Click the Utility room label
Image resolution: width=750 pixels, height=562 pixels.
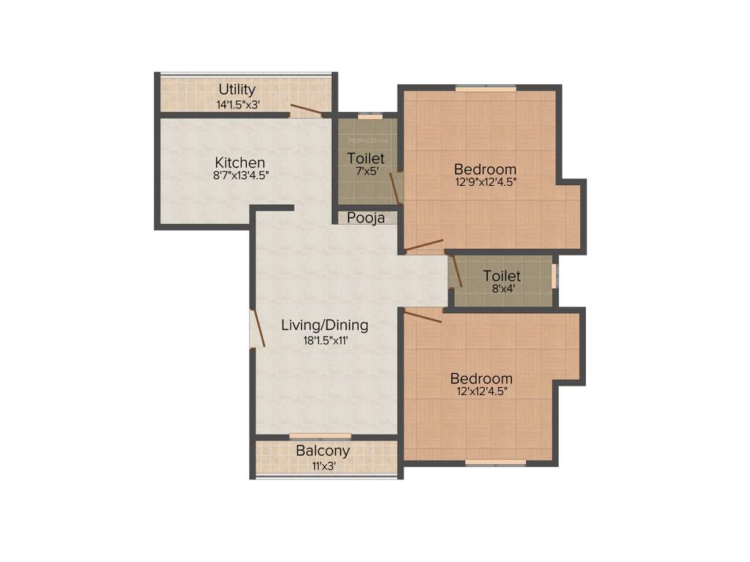click(237, 89)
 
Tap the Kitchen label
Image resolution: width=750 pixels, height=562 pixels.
click(240, 162)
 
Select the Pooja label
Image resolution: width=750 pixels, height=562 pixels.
click(365, 217)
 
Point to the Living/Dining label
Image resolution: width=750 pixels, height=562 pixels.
click(324, 325)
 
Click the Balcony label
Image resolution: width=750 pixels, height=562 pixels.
click(322, 451)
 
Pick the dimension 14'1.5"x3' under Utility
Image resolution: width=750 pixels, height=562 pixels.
click(237, 104)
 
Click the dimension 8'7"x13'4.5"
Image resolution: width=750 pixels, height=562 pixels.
click(240, 176)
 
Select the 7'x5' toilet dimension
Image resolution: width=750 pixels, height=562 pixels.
click(365, 172)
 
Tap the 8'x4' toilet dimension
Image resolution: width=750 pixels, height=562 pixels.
click(502, 289)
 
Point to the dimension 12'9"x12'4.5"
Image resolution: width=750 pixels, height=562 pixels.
click(486, 183)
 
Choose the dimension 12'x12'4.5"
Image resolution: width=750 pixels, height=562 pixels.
click(481, 392)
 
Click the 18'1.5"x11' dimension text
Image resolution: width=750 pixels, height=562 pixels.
click(324, 340)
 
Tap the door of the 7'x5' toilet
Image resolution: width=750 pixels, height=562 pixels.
click(394, 188)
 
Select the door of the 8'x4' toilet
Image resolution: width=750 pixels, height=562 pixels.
click(456, 271)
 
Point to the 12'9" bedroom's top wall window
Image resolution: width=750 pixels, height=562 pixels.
click(486, 89)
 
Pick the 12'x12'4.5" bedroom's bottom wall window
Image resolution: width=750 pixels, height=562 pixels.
click(496, 462)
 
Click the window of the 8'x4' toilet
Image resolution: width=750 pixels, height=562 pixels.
click(554, 276)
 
